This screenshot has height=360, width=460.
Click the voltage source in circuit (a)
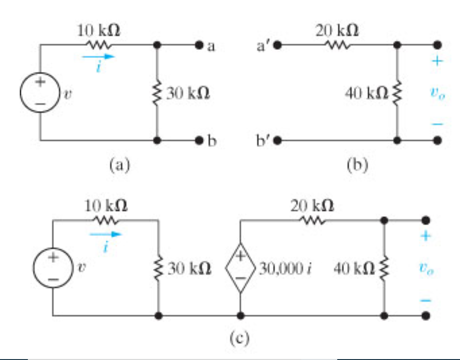click(x=40, y=93)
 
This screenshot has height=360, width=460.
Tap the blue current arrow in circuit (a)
click(x=99, y=57)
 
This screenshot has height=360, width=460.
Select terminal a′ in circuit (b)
click(x=277, y=45)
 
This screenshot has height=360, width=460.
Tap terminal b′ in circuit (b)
click(x=277, y=141)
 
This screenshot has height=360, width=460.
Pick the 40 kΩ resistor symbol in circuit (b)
click(x=397, y=93)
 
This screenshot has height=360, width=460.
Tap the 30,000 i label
click(x=286, y=269)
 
